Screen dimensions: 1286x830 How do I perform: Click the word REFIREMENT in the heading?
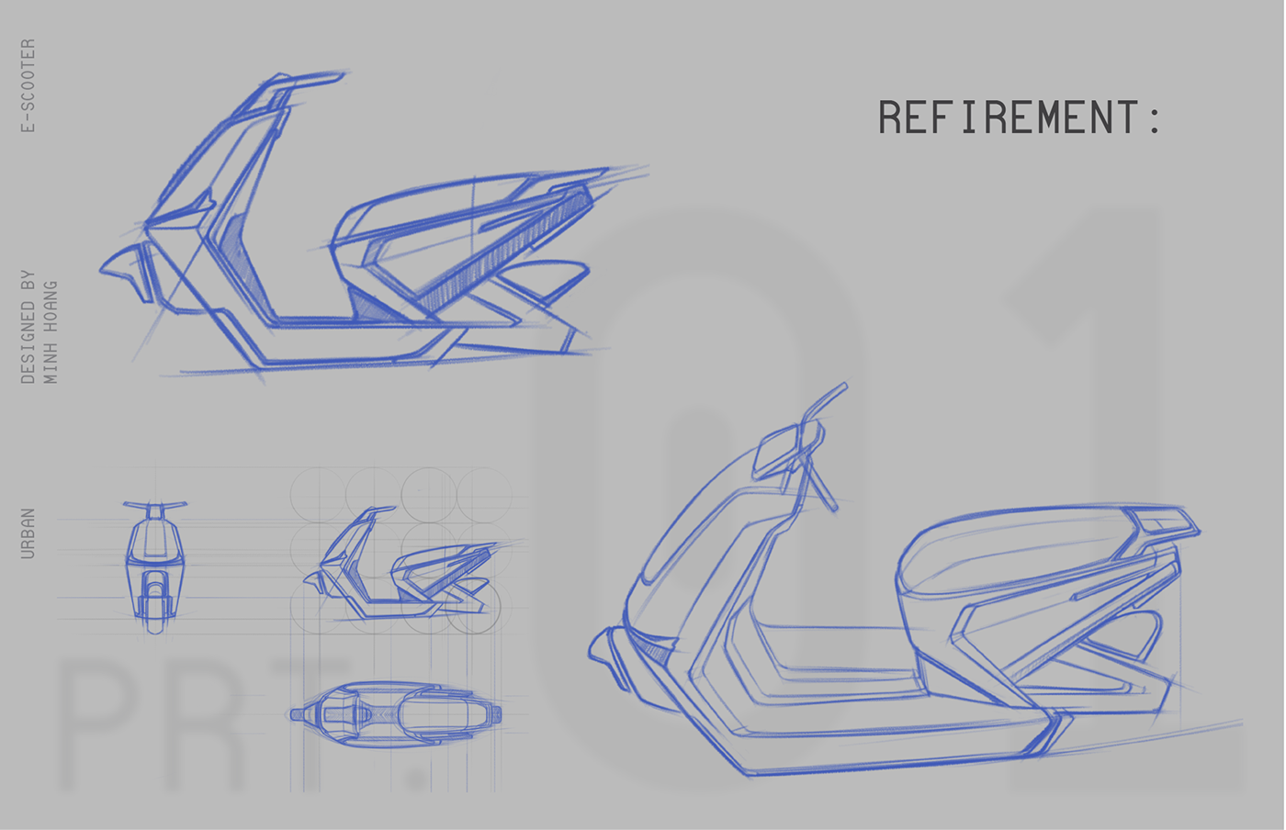[x=1008, y=118]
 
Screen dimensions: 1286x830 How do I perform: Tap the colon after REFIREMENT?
[x=1154, y=119]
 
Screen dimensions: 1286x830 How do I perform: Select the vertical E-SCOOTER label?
[x=28, y=85]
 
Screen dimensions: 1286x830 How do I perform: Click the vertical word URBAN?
[x=28, y=533]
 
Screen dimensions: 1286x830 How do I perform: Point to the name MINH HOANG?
[x=51, y=331]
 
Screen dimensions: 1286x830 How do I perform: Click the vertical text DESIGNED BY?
[x=28, y=326]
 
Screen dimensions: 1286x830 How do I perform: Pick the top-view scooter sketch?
[x=396, y=713]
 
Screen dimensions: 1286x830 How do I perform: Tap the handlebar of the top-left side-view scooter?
[x=303, y=81]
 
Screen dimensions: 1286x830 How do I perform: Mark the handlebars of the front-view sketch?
[x=155, y=505]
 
